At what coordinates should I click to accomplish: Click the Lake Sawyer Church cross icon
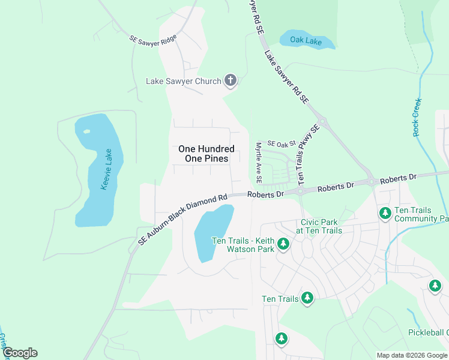pos(230,80)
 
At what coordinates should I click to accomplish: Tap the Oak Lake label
pos(306,41)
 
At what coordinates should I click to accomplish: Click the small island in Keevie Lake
pos(87,131)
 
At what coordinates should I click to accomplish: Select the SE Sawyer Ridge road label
pos(153,40)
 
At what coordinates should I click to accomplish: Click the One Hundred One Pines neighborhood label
pos(203,154)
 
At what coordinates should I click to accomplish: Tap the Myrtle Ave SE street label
pos(259,163)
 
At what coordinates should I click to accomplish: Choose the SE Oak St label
pos(282,144)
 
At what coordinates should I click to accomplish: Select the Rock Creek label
pos(417,118)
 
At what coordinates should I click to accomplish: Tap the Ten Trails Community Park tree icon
pos(385,212)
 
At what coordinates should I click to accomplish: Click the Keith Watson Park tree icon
pos(283,244)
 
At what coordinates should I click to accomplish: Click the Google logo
pos(20,353)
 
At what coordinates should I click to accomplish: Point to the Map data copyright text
pos(412,355)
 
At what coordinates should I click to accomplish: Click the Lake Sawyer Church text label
pos(184,81)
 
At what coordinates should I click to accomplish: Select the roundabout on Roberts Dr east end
pos(372,182)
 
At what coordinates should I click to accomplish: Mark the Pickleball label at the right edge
pos(428,332)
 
